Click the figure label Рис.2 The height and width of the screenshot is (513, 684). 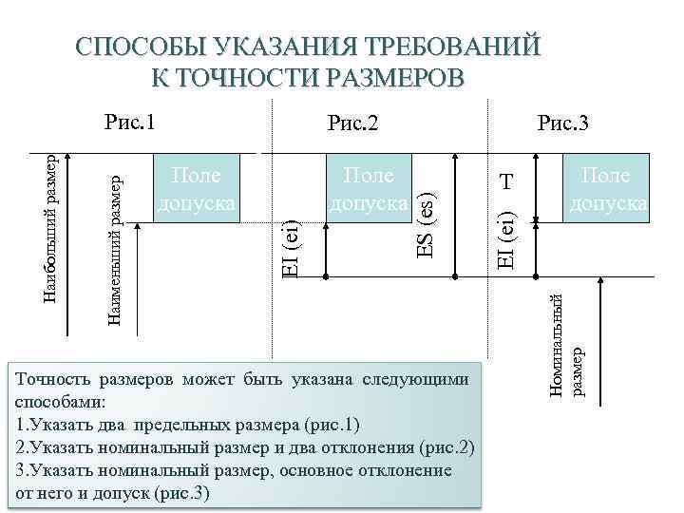(x=352, y=123)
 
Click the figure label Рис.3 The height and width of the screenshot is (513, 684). (x=562, y=123)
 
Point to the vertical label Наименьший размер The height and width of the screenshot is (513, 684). (x=112, y=246)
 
